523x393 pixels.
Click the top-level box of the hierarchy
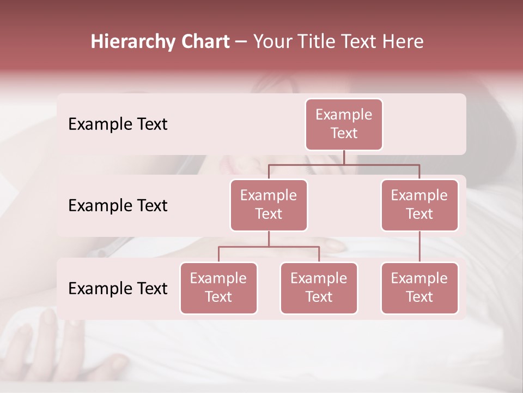point(344,124)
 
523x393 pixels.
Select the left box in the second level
point(269,205)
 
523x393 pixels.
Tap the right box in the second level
point(419,205)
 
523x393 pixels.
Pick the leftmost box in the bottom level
point(218,288)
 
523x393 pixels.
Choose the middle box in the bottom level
point(319,288)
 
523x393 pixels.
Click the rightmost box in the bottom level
point(419,288)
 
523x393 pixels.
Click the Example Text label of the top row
point(118,124)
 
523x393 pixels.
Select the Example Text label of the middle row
point(118,206)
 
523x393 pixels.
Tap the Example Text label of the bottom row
point(118,289)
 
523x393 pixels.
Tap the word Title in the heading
point(315,42)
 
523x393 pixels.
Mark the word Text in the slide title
point(357,42)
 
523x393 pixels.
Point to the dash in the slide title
point(241,42)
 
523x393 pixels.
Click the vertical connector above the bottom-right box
point(419,247)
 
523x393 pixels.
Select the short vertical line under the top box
point(344,157)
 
